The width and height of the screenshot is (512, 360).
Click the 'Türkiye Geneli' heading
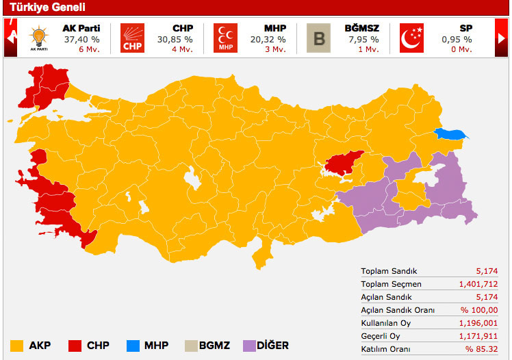pyautogui.click(x=47, y=8)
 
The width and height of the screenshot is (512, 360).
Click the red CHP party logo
pyautogui.click(x=133, y=38)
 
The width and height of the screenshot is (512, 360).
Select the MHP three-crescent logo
pyautogui.click(x=225, y=38)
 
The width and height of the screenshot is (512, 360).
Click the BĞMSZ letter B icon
pyautogui.click(x=318, y=38)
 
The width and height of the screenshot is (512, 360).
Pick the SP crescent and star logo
pyautogui.click(x=411, y=38)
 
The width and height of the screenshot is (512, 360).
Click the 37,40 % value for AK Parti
pyautogui.click(x=81, y=40)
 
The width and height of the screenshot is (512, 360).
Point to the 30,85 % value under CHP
pyautogui.click(x=176, y=40)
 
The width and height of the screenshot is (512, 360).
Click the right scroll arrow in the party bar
pyautogui.click(x=502, y=38)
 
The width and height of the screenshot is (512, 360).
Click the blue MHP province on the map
pyautogui.click(x=451, y=134)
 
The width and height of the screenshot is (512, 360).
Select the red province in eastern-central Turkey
pyautogui.click(x=344, y=164)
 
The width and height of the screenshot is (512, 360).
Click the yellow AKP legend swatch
pyautogui.click(x=17, y=346)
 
